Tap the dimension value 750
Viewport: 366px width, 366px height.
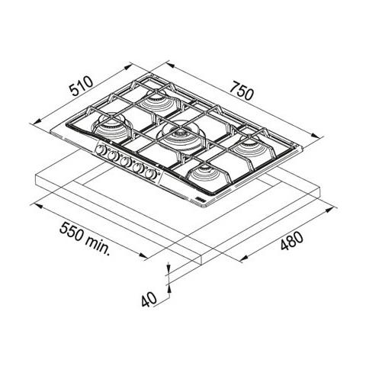pyautogui.click(x=242, y=91)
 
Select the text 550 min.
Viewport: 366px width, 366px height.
pyautogui.click(x=85, y=239)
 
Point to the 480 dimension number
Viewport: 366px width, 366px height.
pyautogui.click(x=292, y=241)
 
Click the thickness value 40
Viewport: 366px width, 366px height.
pyautogui.click(x=149, y=299)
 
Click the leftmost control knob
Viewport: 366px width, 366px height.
pyautogui.click(x=101, y=150)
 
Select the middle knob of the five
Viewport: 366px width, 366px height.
pyautogui.click(x=126, y=162)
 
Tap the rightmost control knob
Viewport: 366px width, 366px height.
pyautogui.click(x=151, y=174)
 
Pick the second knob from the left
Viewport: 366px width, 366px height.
pyautogui.click(x=113, y=156)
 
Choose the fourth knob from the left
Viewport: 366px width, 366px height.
pyautogui.click(x=139, y=168)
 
